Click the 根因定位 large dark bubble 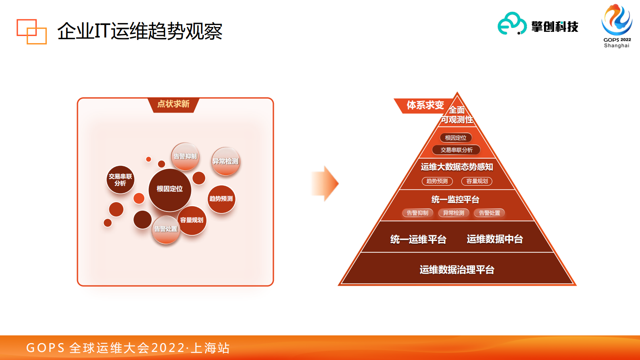[x=170, y=190]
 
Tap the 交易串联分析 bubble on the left [x=120, y=180]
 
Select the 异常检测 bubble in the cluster [x=226, y=161]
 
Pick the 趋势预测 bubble [x=221, y=199]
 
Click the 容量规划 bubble [x=192, y=220]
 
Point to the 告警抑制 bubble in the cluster [x=185, y=156]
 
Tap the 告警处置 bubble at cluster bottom [x=166, y=229]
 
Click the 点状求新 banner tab [x=173, y=104]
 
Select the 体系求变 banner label [x=425, y=105]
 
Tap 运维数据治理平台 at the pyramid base [x=457, y=270]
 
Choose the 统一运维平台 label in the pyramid [x=418, y=239]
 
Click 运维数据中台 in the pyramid [x=495, y=239]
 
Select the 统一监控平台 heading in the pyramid [x=455, y=199]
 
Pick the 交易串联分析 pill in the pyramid [x=456, y=150]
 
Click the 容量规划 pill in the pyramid [x=477, y=181]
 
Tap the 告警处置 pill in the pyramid [x=489, y=213]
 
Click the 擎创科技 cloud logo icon [x=512, y=24]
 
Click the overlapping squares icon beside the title [x=31, y=31]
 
